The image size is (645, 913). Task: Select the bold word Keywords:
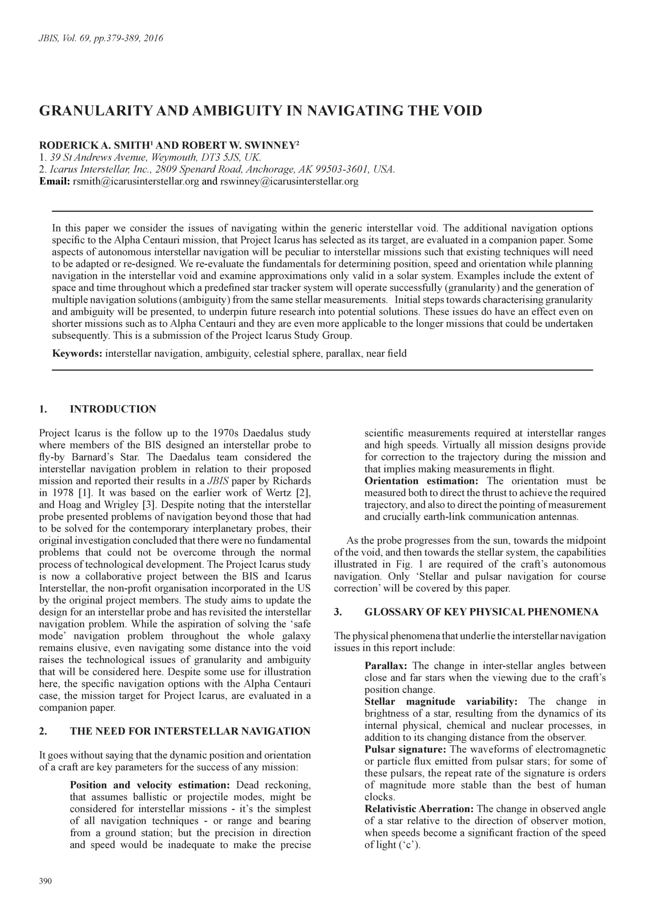pos(77,353)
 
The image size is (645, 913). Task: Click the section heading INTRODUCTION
pos(113,409)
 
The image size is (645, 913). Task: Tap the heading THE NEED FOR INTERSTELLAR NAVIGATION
pos(190,731)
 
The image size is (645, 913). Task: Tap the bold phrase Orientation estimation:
pos(421,481)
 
